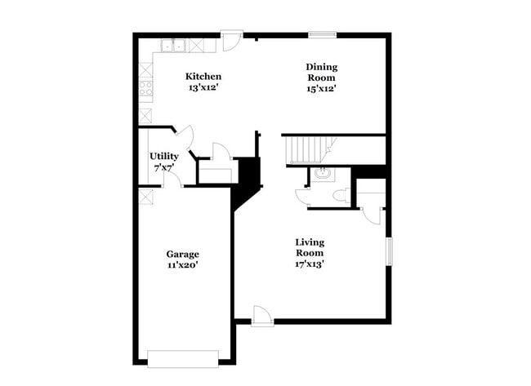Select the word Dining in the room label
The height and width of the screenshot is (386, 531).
point(321,66)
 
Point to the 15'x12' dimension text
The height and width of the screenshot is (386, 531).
point(321,88)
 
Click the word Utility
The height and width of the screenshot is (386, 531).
point(163,156)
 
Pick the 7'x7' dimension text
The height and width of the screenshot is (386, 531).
point(163,167)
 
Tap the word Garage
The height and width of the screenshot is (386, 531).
point(182,254)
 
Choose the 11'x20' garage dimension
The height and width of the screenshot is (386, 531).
point(182,265)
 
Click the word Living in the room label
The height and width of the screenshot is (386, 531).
point(310,242)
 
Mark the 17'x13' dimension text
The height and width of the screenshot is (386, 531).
point(310,264)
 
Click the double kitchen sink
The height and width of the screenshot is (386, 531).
point(173,46)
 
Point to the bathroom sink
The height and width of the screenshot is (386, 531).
point(321,173)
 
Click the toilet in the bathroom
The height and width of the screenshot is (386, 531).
point(341,196)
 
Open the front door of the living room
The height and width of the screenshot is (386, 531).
point(261,317)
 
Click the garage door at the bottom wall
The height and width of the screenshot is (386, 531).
point(183,357)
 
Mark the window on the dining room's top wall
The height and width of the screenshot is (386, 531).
point(322,34)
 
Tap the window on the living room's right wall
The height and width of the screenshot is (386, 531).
point(389,251)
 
